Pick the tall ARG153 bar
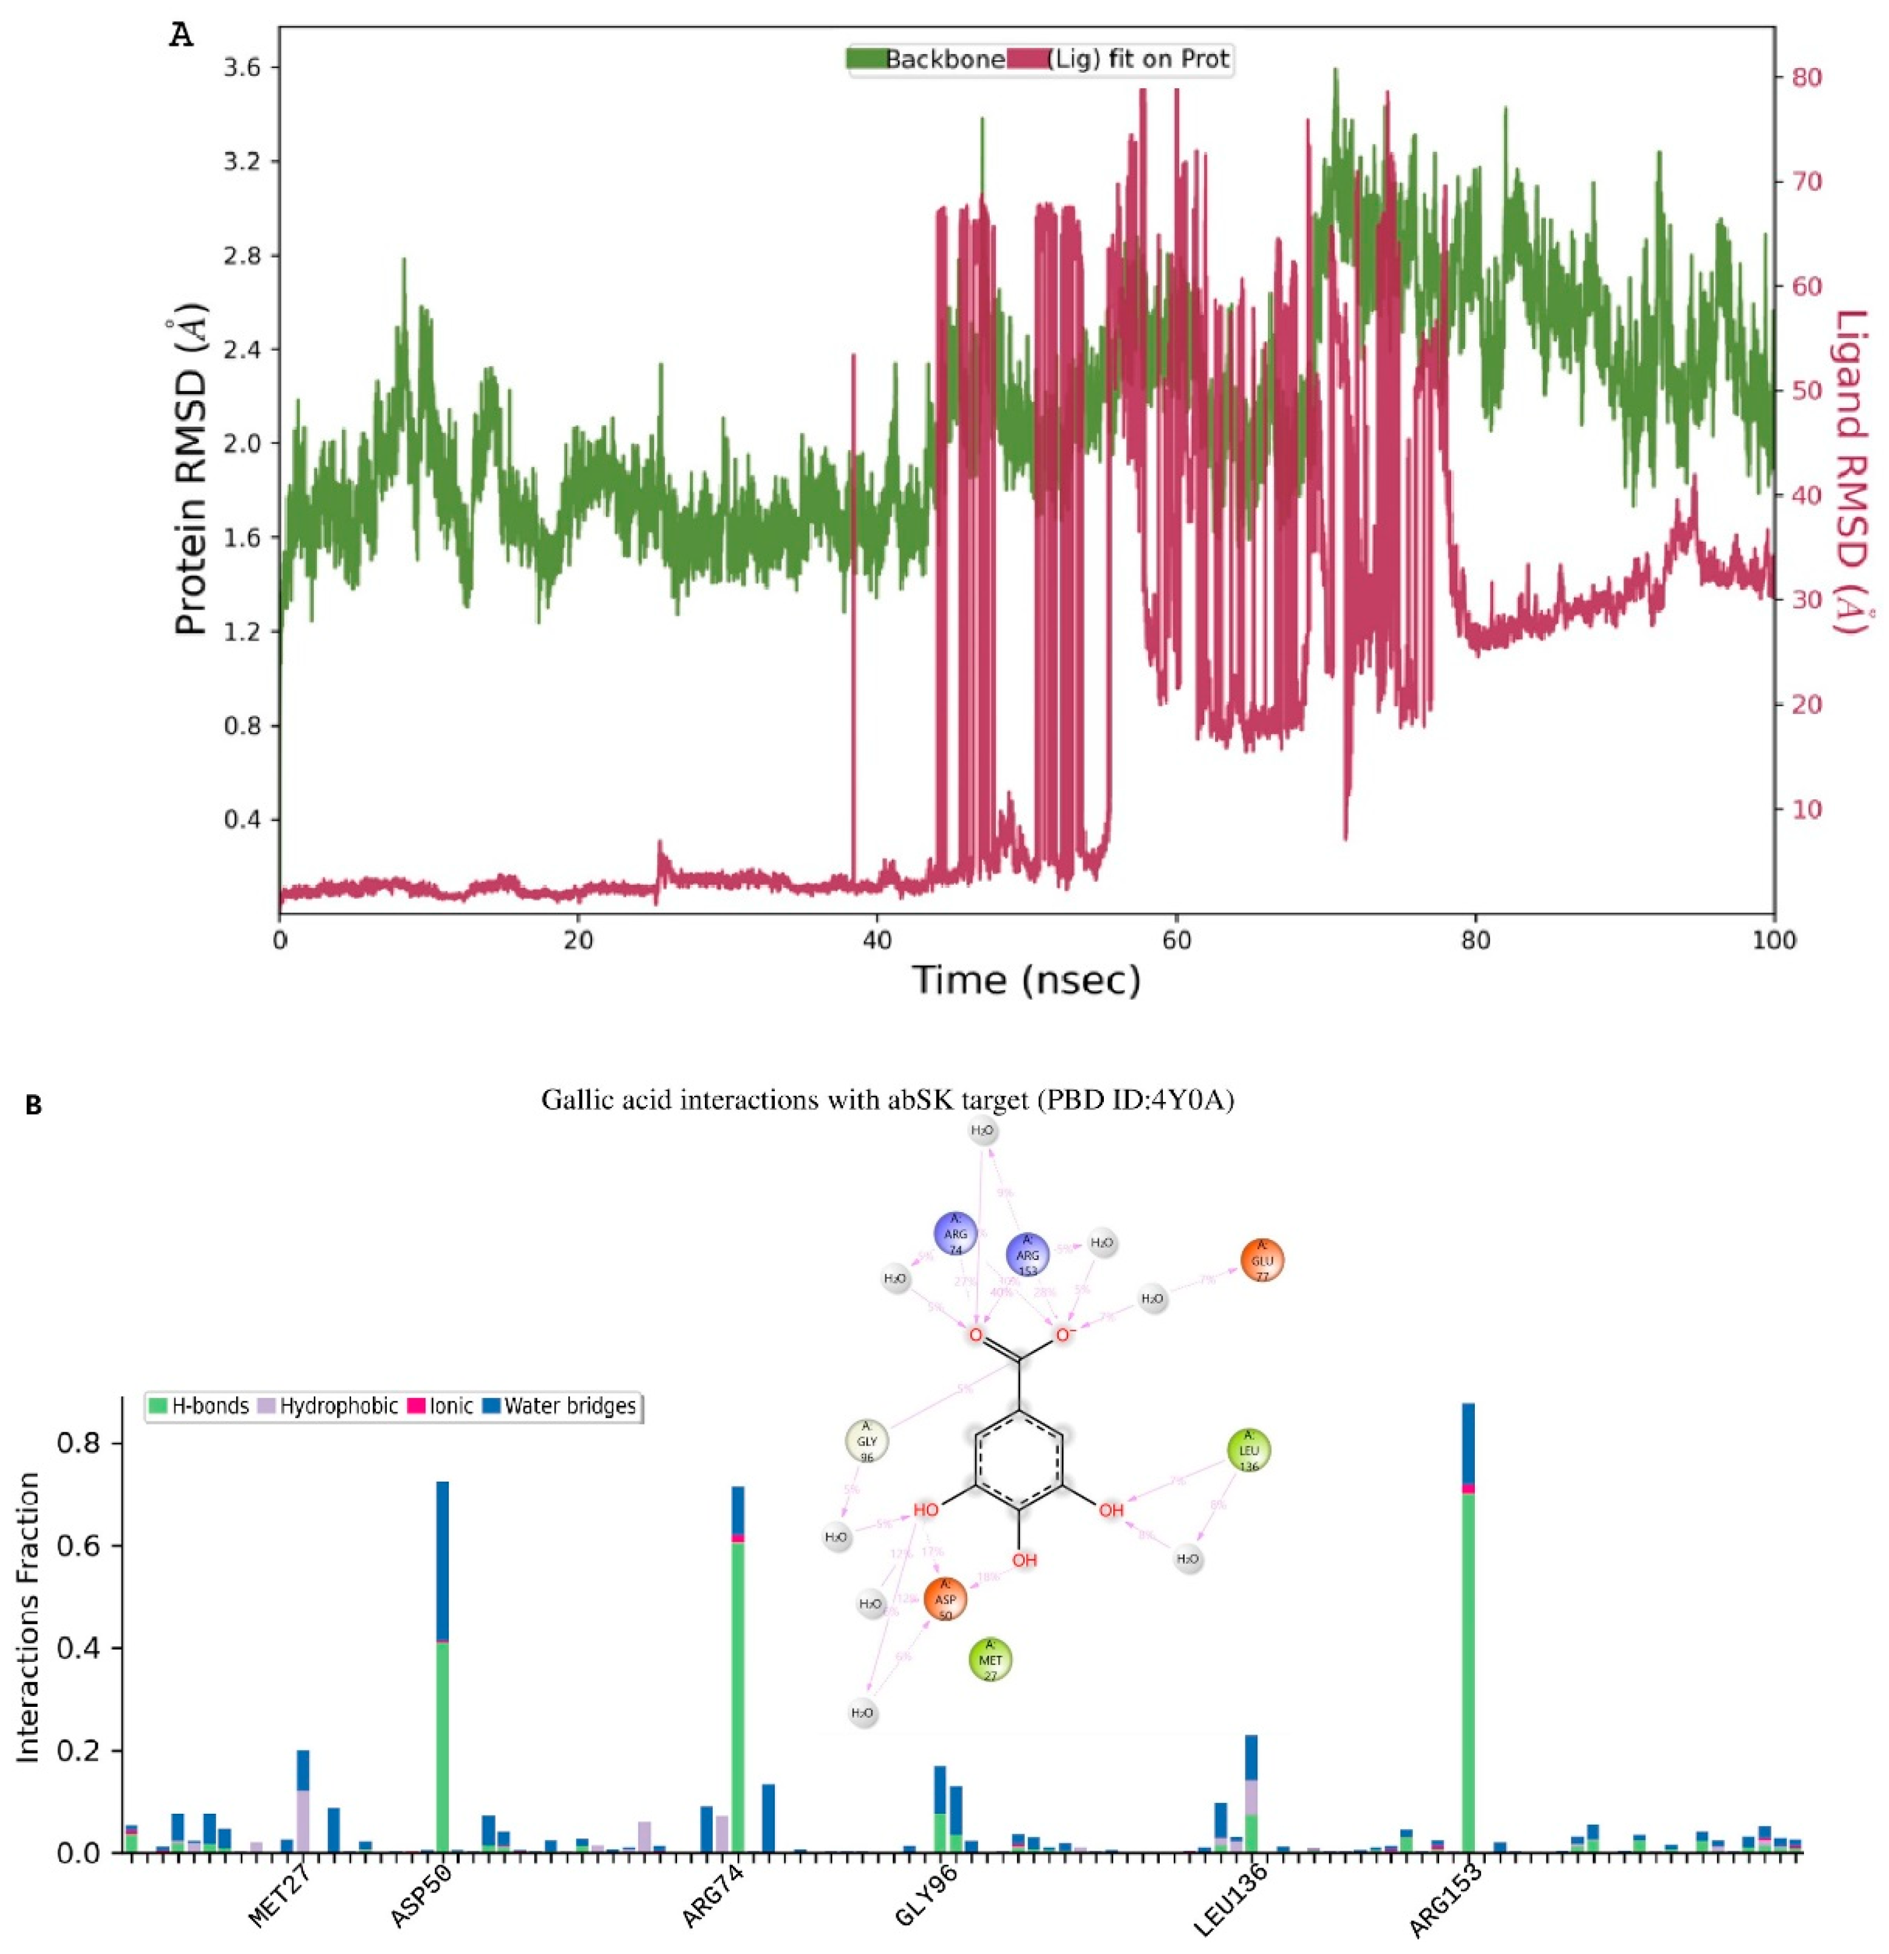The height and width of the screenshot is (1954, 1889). (1468, 1635)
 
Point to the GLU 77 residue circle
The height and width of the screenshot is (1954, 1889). (1262, 1261)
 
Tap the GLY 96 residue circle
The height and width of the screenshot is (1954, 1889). (866, 1442)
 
